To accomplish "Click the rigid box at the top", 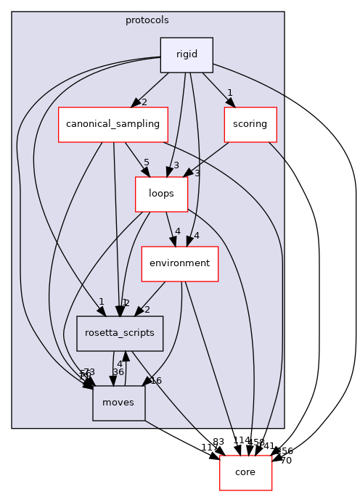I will pyautogui.click(x=187, y=55).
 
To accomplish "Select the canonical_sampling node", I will pyautogui.click(x=112, y=124).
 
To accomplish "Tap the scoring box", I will pyautogui.click(x=250, y=124).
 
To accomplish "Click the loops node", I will pyautogui.click(x=161, y=194).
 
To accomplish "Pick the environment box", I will pyautogui.click(x=179, y=263).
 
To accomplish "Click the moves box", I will pyautogui.click(x=118, y=403).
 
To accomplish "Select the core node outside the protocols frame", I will pyautogui.click(x=245, y=472).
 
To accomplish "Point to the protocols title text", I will pyautogui.click(x=148, y=20).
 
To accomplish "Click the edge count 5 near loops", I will pyautogui.click(x=146, y=163).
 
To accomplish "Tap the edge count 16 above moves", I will pyautogui.click(x=155, y=380).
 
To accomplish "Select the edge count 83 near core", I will pyautogui.click(x=218, y=442).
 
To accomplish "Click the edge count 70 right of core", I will pyautogui.click(x=285, y=461).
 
